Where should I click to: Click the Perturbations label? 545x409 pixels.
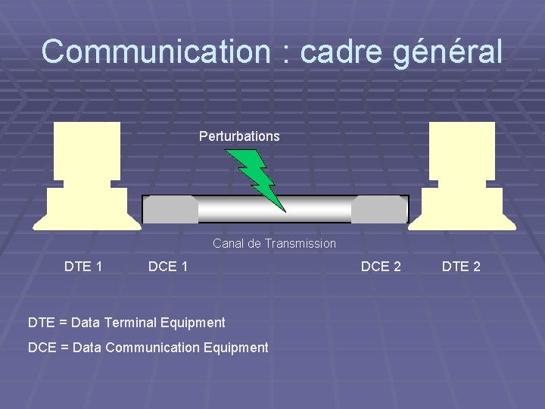tap(239, 136)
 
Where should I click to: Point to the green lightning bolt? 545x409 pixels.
tap(258, 178)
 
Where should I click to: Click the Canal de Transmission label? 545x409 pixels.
tap(274, 243)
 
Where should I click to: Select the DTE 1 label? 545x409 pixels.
tap(83, 266)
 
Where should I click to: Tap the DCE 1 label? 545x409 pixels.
tap(168, 266)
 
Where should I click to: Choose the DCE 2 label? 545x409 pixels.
tap(381, 266)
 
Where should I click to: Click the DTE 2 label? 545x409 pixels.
tap(461, 266)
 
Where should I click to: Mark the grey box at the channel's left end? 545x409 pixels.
tap(170, 210)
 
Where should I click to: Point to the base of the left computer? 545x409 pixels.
tap(87, 208)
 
